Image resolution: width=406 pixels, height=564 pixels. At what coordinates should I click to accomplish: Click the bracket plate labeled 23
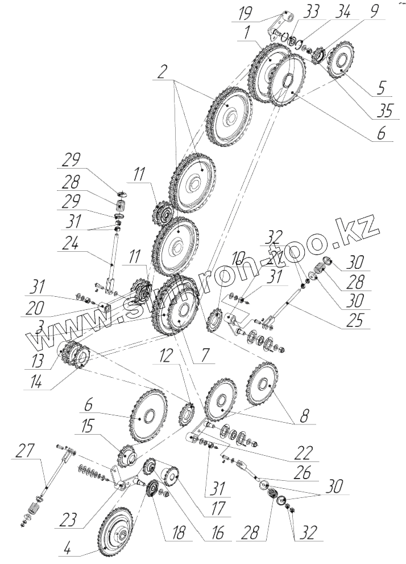tap(121, 476)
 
